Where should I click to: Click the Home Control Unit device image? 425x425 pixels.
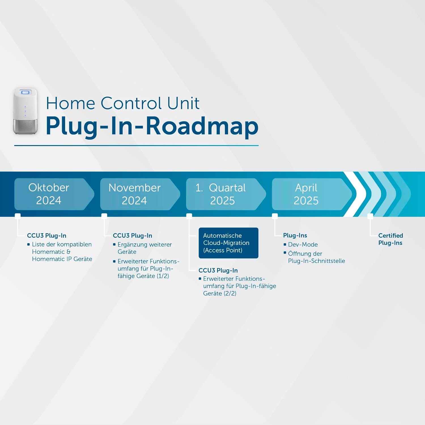pos(25,111)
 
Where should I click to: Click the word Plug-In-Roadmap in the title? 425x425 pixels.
pos(152,126)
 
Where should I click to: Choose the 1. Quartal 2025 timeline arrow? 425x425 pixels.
pos(225,194)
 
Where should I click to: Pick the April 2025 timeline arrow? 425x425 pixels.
pos(310,194)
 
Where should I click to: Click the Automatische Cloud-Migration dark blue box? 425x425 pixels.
pos(228,243)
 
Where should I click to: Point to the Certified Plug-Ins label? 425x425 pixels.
pos(390,239)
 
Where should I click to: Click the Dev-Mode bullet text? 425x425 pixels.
pos(303,245)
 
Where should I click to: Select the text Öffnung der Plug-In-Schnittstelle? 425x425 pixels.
pos(316,257)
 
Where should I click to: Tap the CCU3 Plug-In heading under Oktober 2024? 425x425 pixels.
pos(46,235)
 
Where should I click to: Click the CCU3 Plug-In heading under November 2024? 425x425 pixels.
pos(132,235)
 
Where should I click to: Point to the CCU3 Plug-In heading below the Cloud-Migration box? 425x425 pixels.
pos(218,270)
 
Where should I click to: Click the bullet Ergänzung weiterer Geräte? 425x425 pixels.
pos(144,248)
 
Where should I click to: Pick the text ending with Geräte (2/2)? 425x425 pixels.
pos(239,286)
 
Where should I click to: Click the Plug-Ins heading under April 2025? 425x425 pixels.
pos(295,235)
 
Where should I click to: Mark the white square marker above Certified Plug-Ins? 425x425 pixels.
pos(370,216)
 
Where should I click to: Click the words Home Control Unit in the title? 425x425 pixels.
pos(122,103)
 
